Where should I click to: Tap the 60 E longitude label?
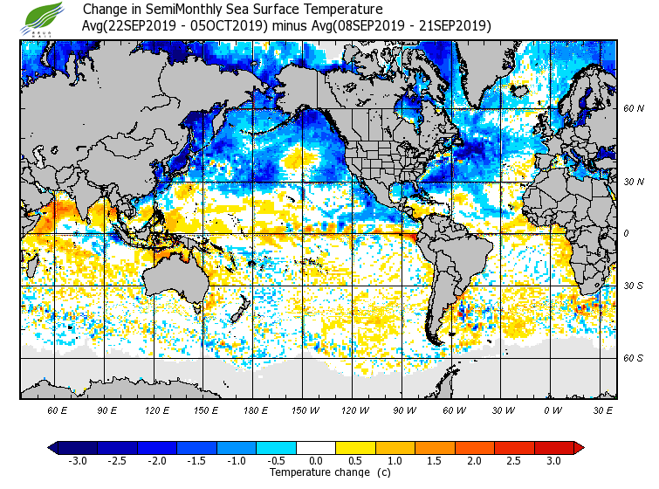pyautogui.click(x=58, y=410)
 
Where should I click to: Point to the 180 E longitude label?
pyautogui.click(x=256, y=410)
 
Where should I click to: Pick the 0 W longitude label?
pyautogui.click(x=553, y=410)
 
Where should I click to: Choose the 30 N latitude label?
pyautogui.click(x=635, y=182)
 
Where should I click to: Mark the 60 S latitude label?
pyautogui.click(x=635, y=358)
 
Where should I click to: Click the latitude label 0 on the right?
pyautogui.click(x=626, y=234)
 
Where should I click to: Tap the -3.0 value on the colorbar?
pyautogui.click(x=78, y=460)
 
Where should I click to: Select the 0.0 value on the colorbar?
pyautogui.click(x=316, y=460)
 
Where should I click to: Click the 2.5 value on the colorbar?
pyautogui.click(x=514, y=460)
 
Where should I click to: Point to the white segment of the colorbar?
pyautogui.click(x=316, y=447)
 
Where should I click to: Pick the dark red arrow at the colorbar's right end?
pyautogui.click(x=579, y=447)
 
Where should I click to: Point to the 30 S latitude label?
pyautogui.click(x=635, y=286)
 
